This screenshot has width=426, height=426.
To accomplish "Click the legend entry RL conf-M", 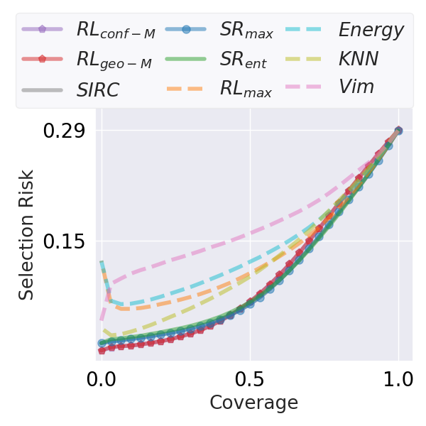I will tap(115, 31).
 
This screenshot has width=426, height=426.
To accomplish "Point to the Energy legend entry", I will tap(371, 31).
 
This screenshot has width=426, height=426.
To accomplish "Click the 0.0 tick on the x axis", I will tap(102, 377).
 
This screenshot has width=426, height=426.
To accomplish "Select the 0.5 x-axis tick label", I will tap(250, 377).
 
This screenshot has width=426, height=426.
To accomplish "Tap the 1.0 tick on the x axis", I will tap(398, 377).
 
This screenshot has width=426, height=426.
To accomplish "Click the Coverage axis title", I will tap(253, 403).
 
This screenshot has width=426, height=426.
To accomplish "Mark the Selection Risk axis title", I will tap(26, 234).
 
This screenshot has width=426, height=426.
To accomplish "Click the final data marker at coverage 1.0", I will tap(398, 131).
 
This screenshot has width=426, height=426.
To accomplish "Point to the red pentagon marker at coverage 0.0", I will tap(102, 350).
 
